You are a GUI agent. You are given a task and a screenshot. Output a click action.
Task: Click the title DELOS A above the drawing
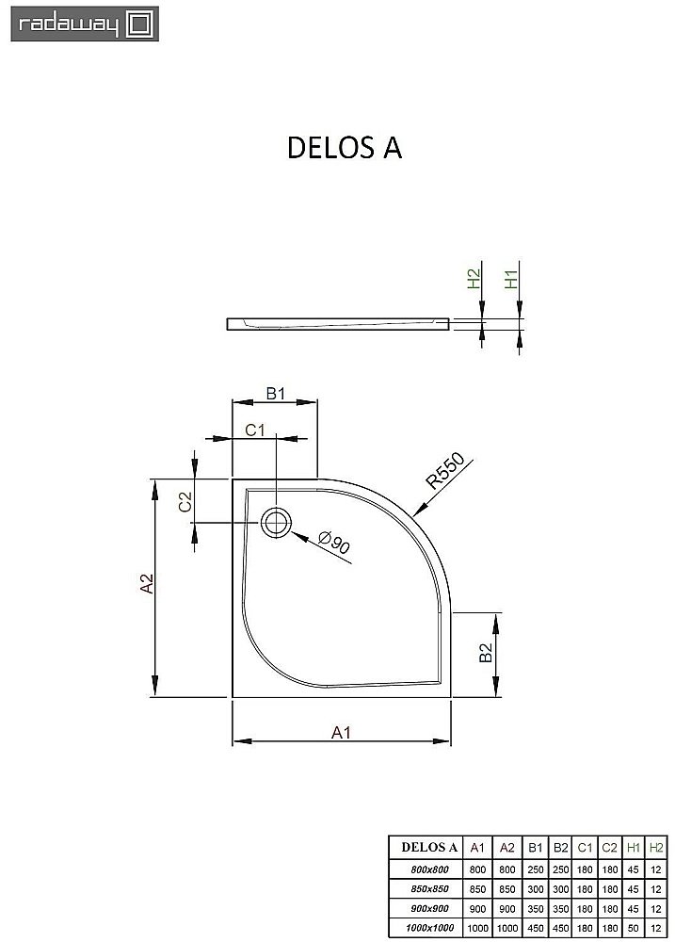coord(344,149)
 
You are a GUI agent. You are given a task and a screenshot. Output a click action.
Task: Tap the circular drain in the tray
coord(277,522)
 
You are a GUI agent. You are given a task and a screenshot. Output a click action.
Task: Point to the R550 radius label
coord(446,471)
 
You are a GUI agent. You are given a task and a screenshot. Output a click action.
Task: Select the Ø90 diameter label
coord(335,543)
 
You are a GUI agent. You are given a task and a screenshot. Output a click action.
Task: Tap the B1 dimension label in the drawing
coord(274,394)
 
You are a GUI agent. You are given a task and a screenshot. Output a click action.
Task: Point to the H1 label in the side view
coord(510,279)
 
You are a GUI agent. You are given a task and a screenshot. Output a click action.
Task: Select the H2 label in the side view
coord(474,279)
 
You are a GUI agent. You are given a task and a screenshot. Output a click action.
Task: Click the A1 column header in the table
coord(478,845)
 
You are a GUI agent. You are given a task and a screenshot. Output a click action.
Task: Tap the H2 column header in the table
coord(656,845)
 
